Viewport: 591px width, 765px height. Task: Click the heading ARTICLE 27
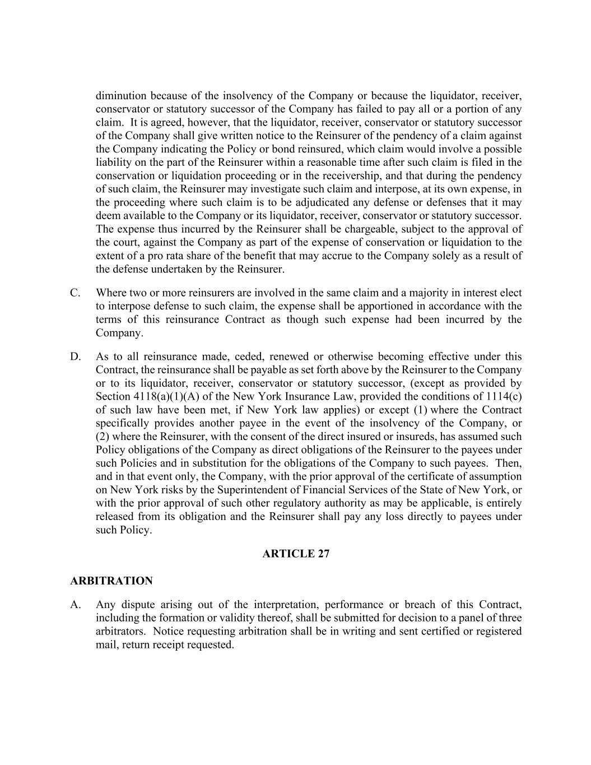pyautogui.click(x=296, y=554)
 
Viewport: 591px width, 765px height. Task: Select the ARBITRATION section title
pyautogui.click(x=111, y=581)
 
